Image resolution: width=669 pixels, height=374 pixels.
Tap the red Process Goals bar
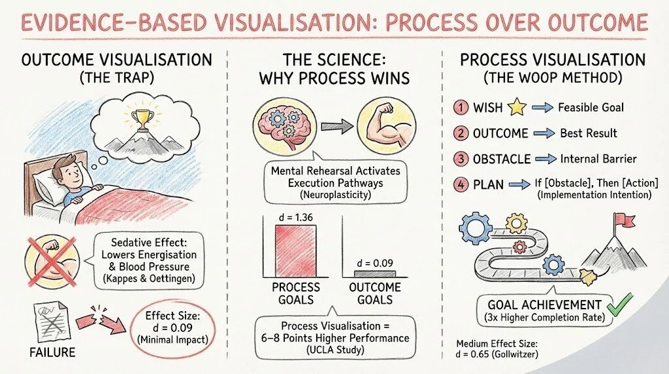tap(296, 250)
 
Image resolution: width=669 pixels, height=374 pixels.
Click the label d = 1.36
tap(296, 217)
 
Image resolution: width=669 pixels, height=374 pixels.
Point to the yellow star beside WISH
tap(517, 107)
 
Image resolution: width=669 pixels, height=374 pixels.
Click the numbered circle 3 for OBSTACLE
tap(461, 159)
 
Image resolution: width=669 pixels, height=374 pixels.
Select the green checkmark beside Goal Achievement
tap(621, 304)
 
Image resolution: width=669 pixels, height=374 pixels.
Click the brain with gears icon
tap(285, 127)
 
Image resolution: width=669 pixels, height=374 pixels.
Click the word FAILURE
tap(52, 352)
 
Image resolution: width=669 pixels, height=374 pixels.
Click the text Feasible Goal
tap(591, 107)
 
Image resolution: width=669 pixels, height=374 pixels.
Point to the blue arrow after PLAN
tap(519, 185)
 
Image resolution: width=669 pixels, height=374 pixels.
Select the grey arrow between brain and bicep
tap(336, 126)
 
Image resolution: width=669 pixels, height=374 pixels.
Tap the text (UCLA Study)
tap(335, 350)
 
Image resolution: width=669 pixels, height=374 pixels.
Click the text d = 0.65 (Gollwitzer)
tap(497, 354)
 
